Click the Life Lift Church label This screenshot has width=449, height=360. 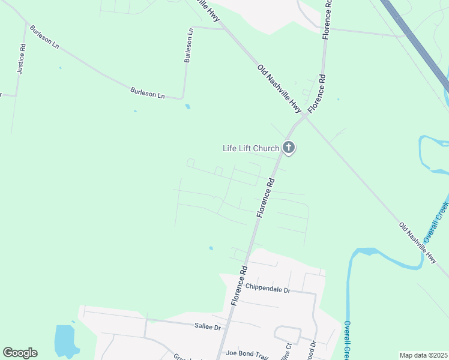point(251,148)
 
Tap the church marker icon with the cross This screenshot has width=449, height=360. point(289,147)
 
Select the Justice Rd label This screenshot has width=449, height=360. point(21,59)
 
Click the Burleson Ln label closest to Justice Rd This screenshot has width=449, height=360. point(46,38)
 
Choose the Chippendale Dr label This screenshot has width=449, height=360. point(268,290)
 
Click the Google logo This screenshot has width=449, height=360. point(20,353)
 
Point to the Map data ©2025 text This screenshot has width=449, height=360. point(423,355)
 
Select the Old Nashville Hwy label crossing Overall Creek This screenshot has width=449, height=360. point(418,243)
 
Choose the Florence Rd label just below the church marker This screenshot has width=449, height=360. point(266,197)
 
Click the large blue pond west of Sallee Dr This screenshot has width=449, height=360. point(64,341)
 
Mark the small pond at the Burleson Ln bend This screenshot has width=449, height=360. point(188,107)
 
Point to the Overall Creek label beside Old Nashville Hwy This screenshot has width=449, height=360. point(441,221)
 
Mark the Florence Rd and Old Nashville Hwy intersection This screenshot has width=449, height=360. point(304,117)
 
